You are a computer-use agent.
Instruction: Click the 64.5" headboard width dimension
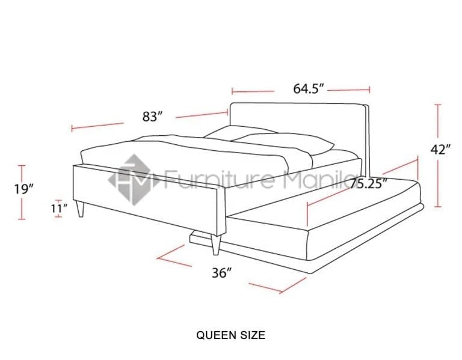point(309,90)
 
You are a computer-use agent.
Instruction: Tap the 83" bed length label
point(153,117)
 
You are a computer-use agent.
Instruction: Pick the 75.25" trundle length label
point(369,184)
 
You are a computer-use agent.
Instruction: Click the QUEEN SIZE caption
point(230,335)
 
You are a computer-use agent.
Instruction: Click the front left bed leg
point(81,209)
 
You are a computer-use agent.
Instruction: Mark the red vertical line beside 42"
point(437,156)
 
